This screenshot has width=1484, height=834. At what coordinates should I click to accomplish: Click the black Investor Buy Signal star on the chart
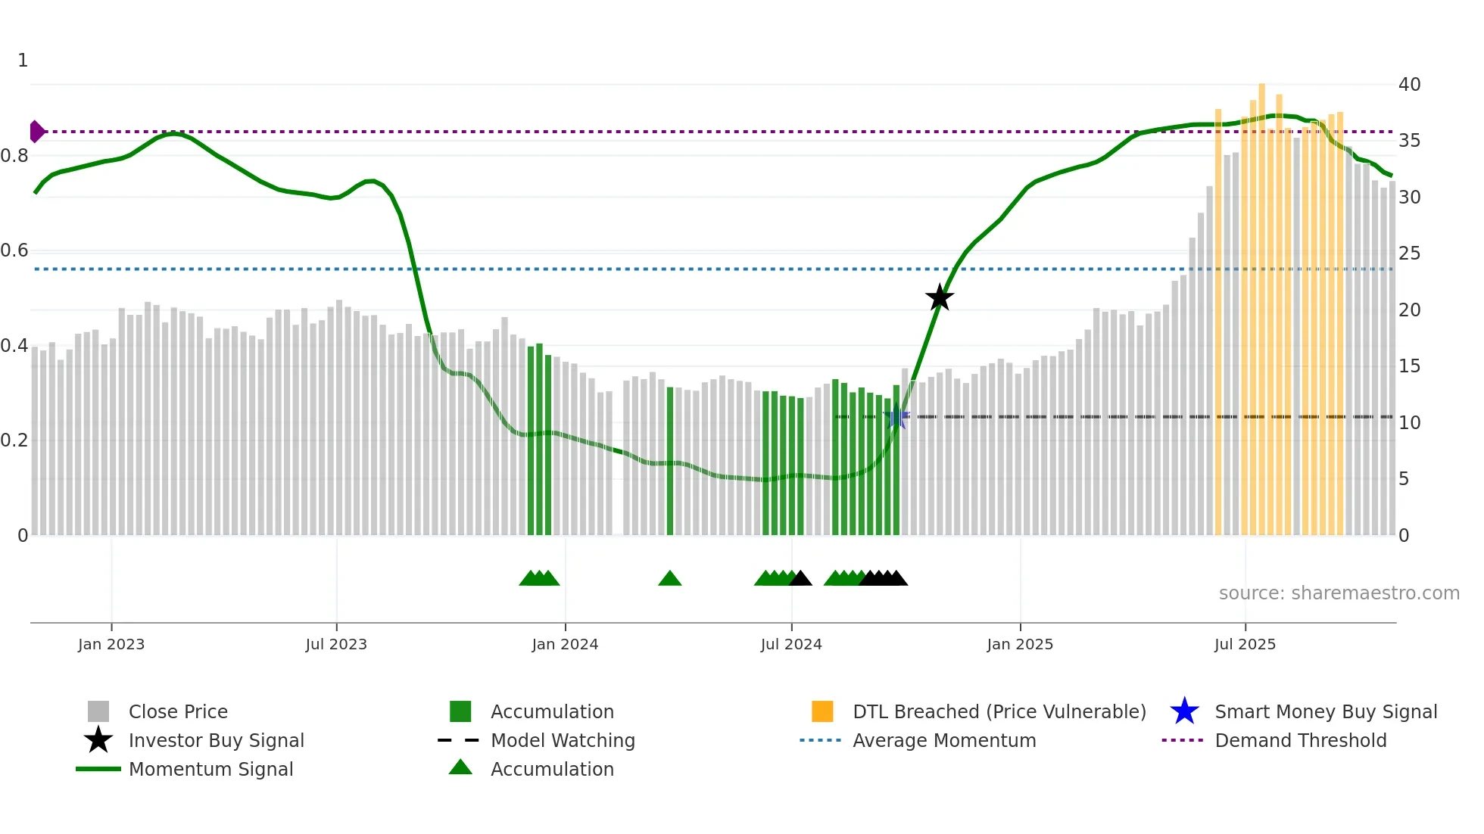pos(940,297)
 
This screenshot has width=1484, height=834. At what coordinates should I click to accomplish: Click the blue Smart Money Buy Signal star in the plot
pos(896,417)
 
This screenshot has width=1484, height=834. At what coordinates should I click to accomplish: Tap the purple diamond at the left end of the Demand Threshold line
pos(36,132)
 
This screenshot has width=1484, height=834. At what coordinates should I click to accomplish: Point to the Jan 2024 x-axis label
pos(565,644)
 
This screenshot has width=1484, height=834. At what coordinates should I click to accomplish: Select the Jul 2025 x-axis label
pos(1245,644)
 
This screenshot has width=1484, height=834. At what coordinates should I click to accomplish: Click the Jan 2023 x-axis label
pos(111,644)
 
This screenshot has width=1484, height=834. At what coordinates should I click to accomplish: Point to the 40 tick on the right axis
pos(1409,84)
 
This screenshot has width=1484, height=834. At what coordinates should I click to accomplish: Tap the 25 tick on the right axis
pos(1409,254)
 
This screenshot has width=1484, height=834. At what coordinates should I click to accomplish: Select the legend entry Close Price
pos(178,711)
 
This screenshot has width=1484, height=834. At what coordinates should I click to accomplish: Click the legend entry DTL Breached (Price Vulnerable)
pos(999,711)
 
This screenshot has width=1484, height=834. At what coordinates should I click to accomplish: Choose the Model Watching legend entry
pos(562,740)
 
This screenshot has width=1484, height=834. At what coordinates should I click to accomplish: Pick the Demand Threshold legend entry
pos(1300,740)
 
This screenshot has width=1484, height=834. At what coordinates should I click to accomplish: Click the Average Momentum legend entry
pos(943,740)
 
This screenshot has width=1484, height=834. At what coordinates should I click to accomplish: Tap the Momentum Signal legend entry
pos(210,769)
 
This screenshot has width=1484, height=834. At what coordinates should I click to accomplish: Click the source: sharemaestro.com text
pos(1339,593)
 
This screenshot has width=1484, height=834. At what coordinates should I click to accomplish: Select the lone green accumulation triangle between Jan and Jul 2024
pos(670,579)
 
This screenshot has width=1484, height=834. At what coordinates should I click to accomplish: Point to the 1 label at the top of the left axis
pos(23,61)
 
